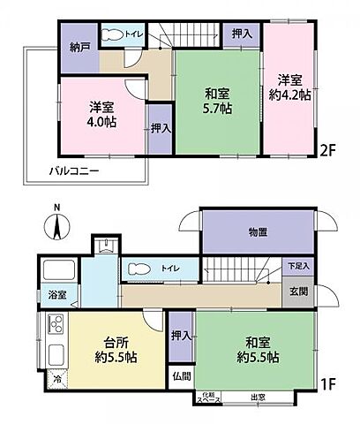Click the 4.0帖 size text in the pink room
point(102,123)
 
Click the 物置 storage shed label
point(257,231)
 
